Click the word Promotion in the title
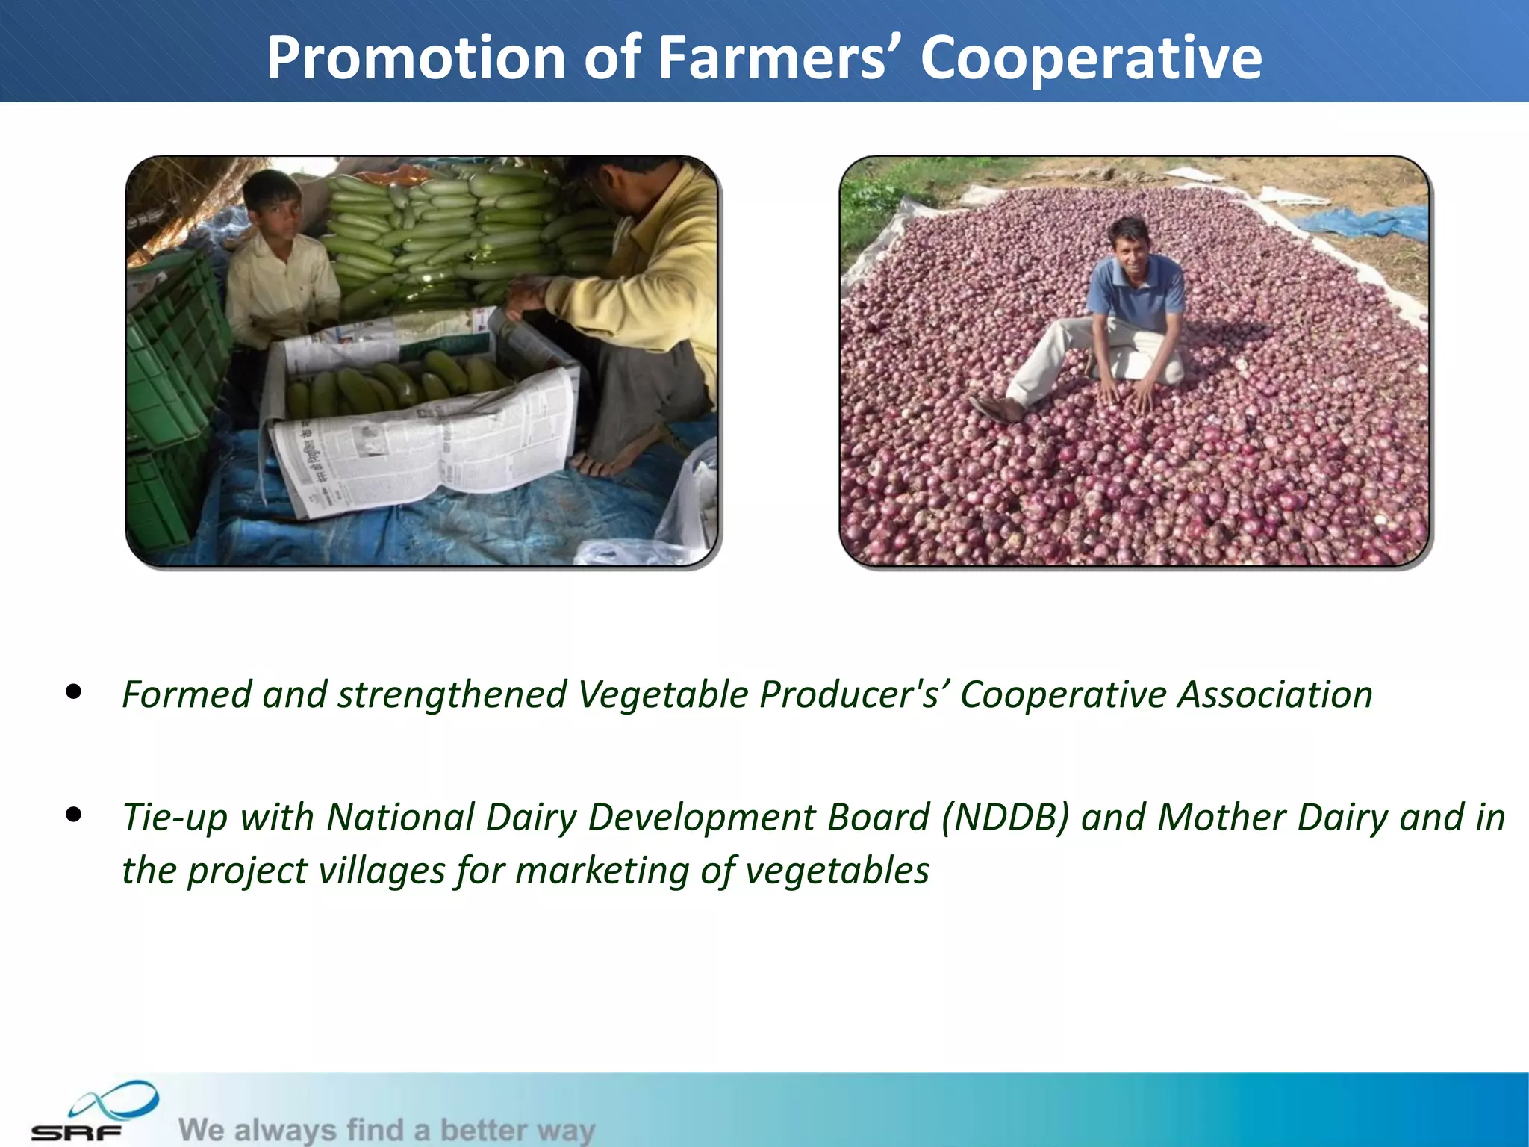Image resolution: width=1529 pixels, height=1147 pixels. point(416,58)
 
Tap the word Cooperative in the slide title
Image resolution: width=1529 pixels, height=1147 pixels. point(1090,58)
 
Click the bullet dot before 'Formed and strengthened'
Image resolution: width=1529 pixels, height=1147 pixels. point(73,692)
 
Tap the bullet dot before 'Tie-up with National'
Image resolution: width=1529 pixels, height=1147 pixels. point(73,815)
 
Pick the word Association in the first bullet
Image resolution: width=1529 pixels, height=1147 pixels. point(1275,694)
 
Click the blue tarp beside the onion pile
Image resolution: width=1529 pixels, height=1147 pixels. point(1366,223)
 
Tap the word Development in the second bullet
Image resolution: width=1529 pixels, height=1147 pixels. point(759,817)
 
